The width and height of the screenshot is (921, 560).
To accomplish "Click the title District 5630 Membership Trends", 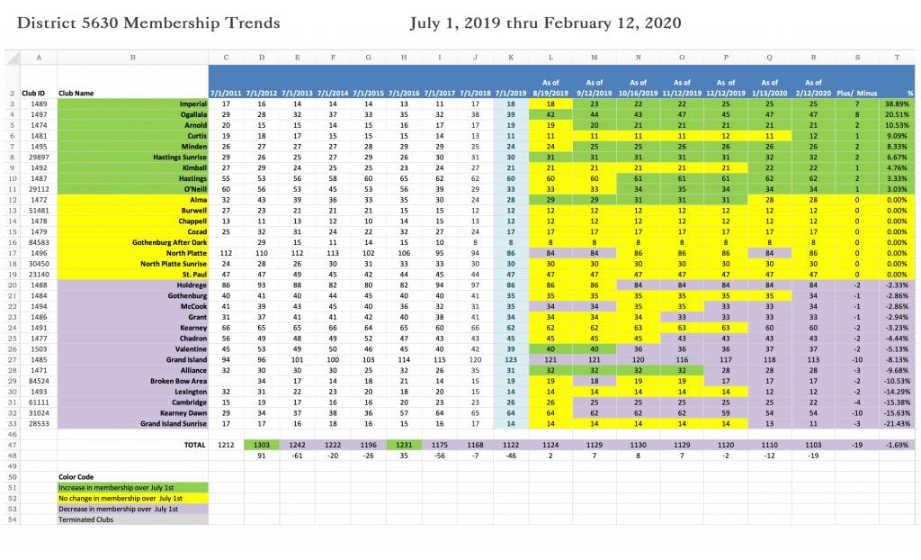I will [148, 23].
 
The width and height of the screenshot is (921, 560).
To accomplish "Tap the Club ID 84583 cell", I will [39, 242].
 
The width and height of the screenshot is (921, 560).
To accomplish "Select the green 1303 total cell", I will [262, 445].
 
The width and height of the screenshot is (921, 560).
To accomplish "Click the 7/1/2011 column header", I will [226, 93].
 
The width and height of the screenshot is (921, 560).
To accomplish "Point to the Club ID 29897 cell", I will [39, 158].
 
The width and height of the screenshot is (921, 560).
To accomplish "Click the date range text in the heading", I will [545, 23].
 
